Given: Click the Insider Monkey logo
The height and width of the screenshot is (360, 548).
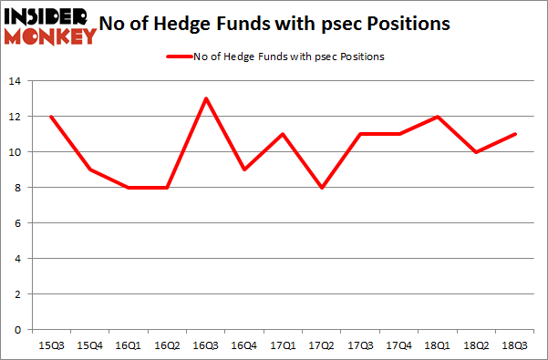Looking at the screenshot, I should point(51,25).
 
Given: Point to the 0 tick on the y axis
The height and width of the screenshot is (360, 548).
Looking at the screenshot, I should point(20,330).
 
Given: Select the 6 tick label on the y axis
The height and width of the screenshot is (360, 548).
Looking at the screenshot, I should point(20,223).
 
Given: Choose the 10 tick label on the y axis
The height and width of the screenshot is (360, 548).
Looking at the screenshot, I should point(17,152).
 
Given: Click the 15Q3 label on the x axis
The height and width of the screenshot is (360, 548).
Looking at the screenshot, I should point(50,345).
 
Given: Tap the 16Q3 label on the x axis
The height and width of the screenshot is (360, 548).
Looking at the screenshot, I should point(206,345).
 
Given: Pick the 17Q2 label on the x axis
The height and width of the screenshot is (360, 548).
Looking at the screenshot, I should point(322,345).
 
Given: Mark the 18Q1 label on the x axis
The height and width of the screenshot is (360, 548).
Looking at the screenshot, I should point(439,345).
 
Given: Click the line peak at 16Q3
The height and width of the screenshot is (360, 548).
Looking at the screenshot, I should point(206,98).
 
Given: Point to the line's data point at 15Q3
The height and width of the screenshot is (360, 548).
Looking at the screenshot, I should point(50,117).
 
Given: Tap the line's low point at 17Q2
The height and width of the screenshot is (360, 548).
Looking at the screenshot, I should point(322,188).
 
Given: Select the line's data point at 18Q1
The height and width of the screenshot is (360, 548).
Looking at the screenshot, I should point(439,117).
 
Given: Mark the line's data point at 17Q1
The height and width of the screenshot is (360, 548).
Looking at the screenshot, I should point(284,134).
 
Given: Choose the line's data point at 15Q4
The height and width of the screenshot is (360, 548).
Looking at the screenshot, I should point(89,170).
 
